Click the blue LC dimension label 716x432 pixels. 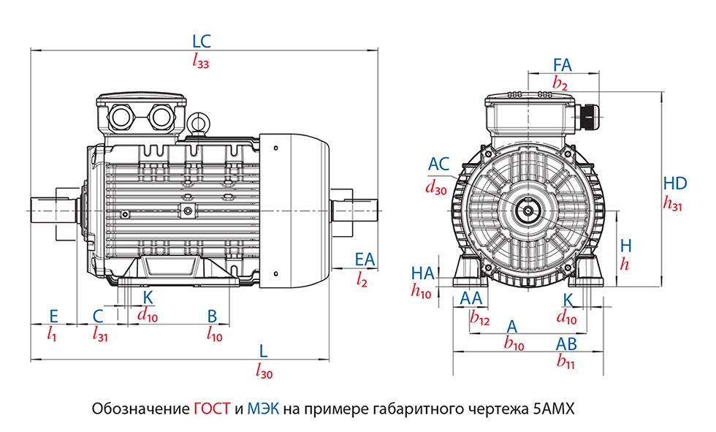click(201, 41)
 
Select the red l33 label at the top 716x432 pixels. click(201, 63)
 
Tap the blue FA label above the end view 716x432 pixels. click(562, 64)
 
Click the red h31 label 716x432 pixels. click(673, 205)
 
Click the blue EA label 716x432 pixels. click(364, 259)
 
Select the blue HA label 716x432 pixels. click(423, 273)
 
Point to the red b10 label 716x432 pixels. click(514, 344)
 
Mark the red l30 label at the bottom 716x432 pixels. click(264, 373)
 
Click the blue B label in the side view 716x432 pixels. click(213, 315)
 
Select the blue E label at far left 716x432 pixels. click(53, 315)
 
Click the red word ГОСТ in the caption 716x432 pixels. click(214, 409)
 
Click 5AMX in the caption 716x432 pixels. click(551, 409)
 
